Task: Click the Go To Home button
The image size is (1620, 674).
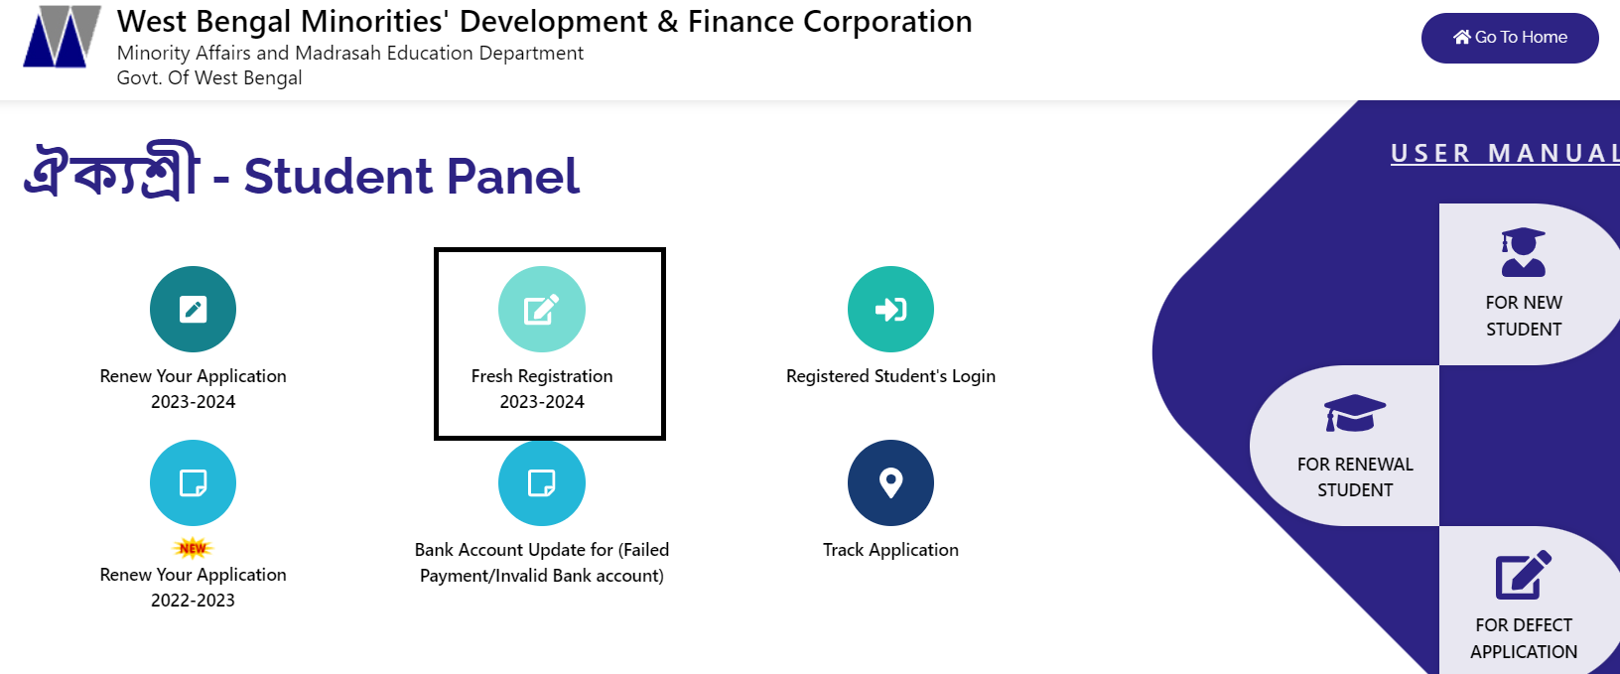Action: (1510, 38)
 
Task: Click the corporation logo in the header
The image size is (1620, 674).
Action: (63, 37)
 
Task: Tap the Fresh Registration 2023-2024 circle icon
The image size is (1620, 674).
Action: (542, 310)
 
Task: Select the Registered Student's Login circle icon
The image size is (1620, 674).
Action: (890, 310)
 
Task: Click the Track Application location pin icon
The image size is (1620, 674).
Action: (890, 483)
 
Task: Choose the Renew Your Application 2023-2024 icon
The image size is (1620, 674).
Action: (194, 310)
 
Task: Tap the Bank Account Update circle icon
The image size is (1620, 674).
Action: (542, 483)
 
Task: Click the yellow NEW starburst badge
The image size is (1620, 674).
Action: (194, 548)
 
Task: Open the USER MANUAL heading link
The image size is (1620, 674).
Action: (1504, 153)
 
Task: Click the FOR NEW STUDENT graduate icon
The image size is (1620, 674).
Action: (1523, 252)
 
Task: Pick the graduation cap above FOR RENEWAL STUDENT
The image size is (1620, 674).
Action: (1355, 413)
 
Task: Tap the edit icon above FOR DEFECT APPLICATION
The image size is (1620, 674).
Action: (1523, 574)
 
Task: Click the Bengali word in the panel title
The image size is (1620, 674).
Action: (111, 171)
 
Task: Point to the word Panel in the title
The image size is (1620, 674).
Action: (513, 177)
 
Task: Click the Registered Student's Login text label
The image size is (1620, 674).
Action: (890, 376)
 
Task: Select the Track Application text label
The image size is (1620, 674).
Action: (890, 550)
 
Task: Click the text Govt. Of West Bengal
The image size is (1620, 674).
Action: (209, 78)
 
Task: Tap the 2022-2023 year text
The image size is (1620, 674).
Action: (194, 601)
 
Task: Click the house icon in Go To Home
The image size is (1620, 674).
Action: (1461, 37)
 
